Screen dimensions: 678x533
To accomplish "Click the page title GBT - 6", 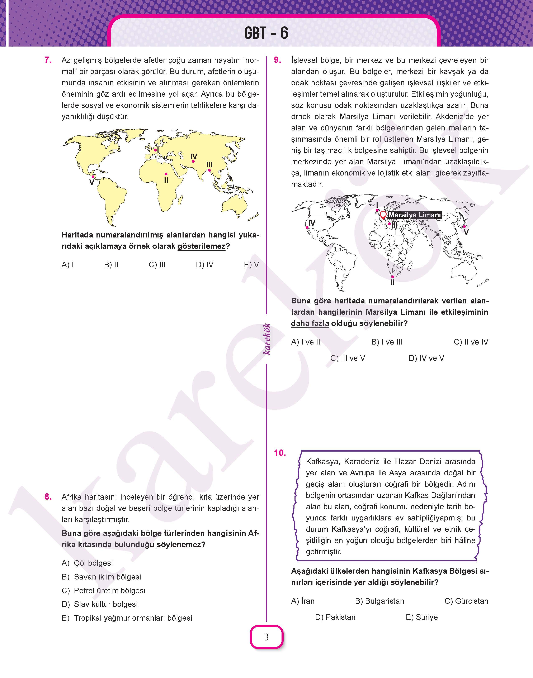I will point(266,33).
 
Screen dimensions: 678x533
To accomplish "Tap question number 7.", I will point(48,60).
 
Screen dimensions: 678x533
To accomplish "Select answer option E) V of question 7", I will point(251,265).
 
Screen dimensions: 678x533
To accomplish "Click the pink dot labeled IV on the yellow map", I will point(193,162).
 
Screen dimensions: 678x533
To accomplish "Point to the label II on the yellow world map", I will point(166,181).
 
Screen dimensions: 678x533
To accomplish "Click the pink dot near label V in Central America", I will point(93,177).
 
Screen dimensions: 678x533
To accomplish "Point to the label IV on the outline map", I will point(311,223).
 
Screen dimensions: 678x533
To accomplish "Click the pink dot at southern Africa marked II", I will point(393,277).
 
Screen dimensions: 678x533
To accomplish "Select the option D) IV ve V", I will point(426,358).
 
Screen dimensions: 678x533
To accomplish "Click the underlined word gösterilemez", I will point(201,246).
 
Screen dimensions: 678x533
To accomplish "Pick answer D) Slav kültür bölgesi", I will point(100,604).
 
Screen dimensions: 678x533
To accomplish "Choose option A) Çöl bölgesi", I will point(87,563).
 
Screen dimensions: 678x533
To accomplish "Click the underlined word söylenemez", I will point(179,545).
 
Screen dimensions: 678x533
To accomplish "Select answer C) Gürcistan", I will point(466,601).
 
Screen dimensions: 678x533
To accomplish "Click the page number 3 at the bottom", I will point(266,637).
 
